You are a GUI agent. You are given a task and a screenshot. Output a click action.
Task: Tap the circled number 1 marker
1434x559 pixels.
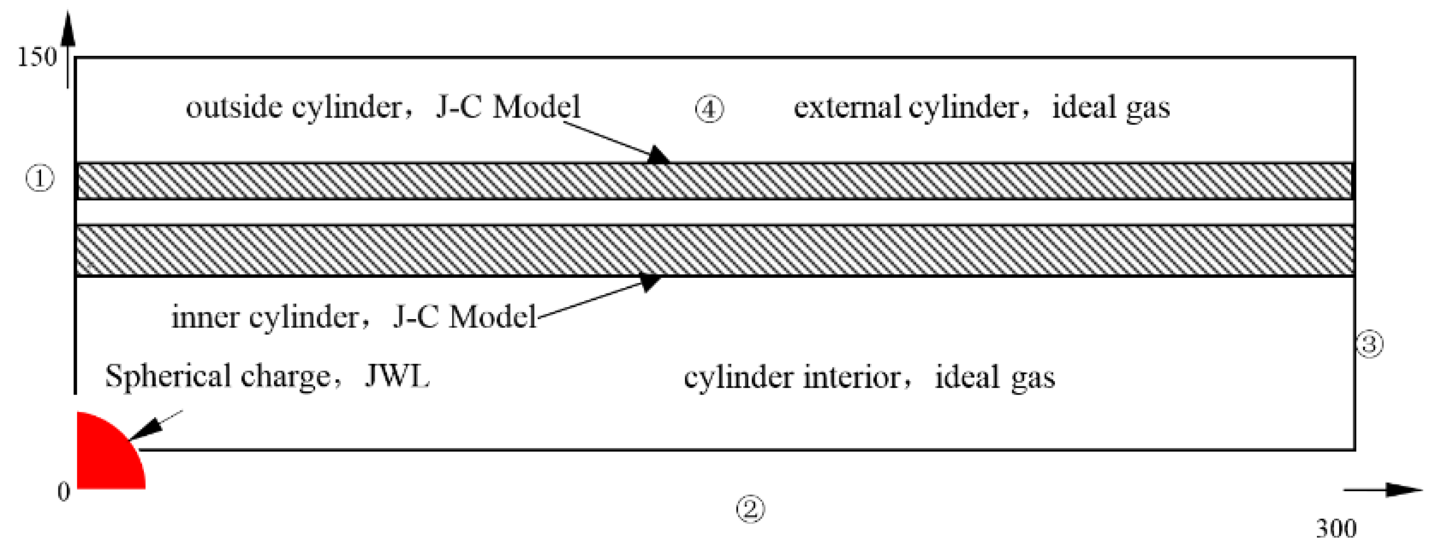(40, 179)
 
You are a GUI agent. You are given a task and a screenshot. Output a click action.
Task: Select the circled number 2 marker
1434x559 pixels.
(751, 508)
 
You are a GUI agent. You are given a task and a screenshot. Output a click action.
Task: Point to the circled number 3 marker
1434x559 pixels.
(1369, 344)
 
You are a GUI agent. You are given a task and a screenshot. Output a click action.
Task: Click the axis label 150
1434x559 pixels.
(37, 57)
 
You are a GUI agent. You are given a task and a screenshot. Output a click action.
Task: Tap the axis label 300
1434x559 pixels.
(1336, 528)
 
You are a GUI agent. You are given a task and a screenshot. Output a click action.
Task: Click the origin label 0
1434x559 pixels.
(64, 491)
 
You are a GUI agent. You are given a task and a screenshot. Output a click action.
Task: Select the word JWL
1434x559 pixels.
(397, 376)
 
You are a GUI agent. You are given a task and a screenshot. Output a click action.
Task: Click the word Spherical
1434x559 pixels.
(168, 376)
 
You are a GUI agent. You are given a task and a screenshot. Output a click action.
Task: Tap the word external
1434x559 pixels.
(846, 107)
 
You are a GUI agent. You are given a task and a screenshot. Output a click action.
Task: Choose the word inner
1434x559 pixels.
(205, 318)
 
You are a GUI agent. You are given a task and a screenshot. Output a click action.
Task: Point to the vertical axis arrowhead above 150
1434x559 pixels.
(68, 28)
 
